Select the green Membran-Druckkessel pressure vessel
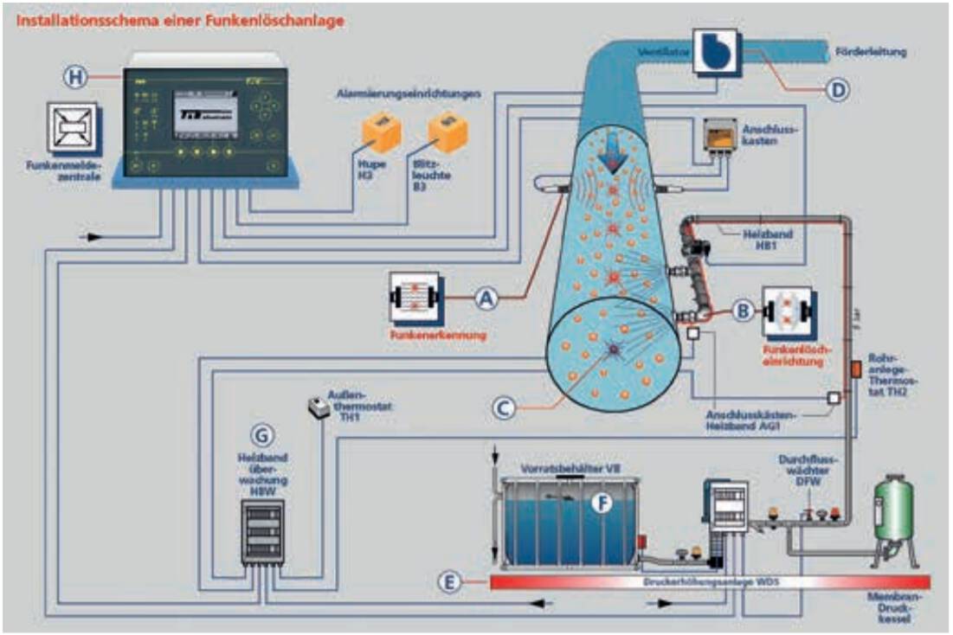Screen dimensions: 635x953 pos(892,510)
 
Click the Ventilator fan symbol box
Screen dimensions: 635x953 pos(717,53)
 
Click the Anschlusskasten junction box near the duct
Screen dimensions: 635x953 pos(724,137)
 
